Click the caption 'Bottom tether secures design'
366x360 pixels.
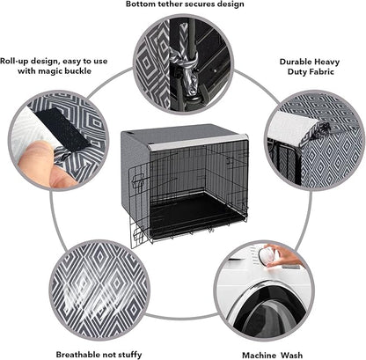(x=185, y=4)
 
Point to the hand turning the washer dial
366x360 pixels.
(x=285, y=257)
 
